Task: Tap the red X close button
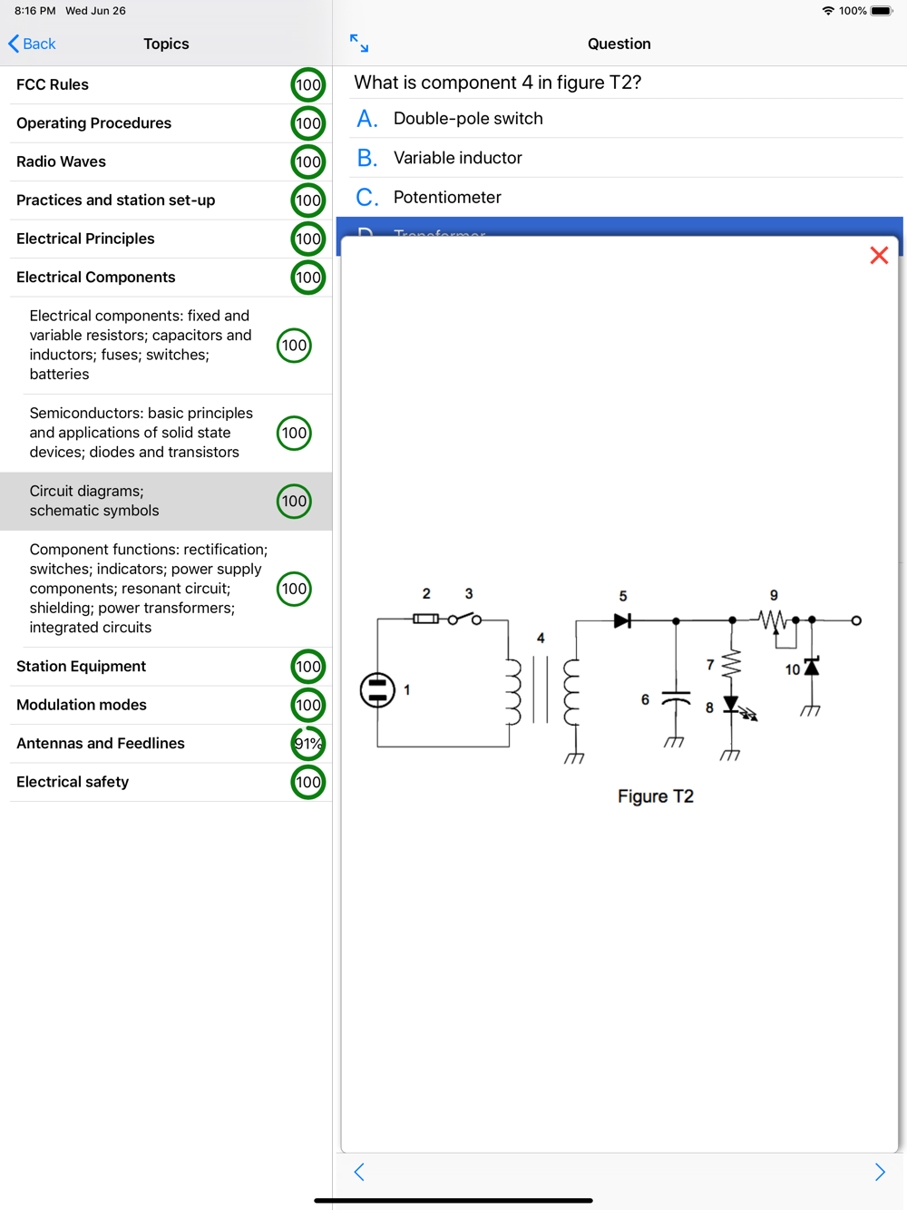(x=878, y=256)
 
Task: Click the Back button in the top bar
(x=32, y=44)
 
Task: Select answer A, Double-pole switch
(x=468, y=119)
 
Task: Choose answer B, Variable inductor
(x=457, y=158)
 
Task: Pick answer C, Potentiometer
(x=447, y=198)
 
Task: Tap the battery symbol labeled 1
(x=377, y=690)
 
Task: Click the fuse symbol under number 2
(x=425, y=619)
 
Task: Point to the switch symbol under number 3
(x=464, y=619)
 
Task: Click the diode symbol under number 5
(x=622, y=621)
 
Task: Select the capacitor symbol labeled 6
(x=676, y=699)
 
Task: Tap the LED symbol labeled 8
(x=732, y=705)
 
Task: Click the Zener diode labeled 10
(x=812, y=668)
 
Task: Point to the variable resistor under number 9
(x=773, y=621)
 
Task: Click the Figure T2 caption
(x=655, y=796)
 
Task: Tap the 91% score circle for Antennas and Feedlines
(x=308, y=744)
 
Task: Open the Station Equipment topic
(x=82, y=667)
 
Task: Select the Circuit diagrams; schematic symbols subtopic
(x=94, y=501)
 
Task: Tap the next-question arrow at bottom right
(x=879, y=1172)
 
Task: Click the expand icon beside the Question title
(x=359, y=44)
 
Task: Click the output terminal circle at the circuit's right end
(x=856, y=620)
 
